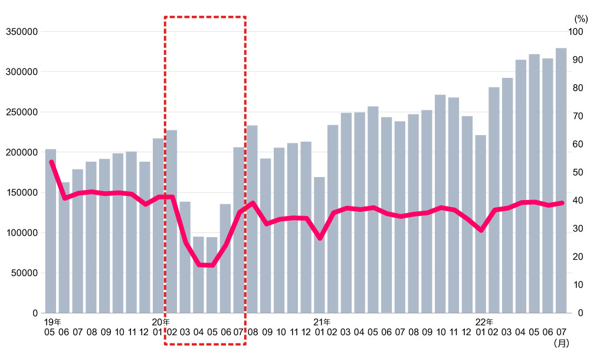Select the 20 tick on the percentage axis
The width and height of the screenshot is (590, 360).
point(573,257)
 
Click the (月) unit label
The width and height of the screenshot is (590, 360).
point(560,342)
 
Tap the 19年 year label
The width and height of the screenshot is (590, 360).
point(52,322)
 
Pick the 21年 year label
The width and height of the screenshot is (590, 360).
point(322,322)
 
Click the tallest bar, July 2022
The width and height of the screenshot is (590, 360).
point(560,180)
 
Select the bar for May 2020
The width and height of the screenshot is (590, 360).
point(211,274)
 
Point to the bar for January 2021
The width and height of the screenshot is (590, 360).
point(319,245)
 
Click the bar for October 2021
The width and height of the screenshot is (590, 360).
point(440,204)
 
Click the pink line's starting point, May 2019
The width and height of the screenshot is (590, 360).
point(51,162)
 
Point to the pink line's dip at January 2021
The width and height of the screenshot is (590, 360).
point(319,238)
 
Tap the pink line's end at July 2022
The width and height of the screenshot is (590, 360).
point(562,202)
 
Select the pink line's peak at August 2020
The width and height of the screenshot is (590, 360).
point(253,203)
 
